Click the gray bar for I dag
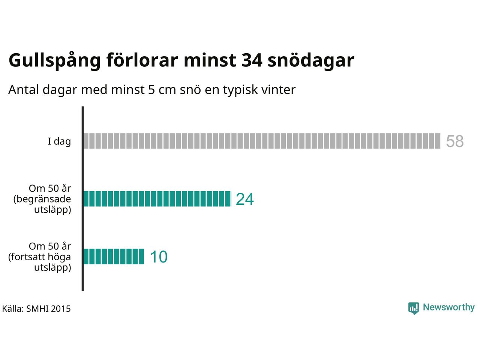pyautogui.click(x=261, y=141)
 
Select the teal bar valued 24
pyautogui.click(x=157, y=199)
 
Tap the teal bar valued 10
pyautogui.click(x=114, y=256)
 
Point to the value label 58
pyautogui.click(x=454, y=141)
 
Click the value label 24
pyautogui.click(x=244, y=199)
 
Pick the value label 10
pyautogui.click(x=159, y=257)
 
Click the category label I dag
pyautogui.click(x=59, y=141)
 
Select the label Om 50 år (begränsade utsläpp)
pyautogui.click(x=42, y=199)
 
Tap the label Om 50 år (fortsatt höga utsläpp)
pyautogui.click(x=40, y=256)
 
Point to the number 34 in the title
pyautogui.click(x=252, y=60)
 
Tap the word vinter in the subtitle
pyautogui.click(x=279, y=90)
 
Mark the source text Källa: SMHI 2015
pyautogui.click(x=36, y=309)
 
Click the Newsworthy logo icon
pyautogui.click(x=413, y=308)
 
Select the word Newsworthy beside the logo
pyautogui.click(x=448, y=307)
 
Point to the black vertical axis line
pyautogui.click(x=82, y=199)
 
